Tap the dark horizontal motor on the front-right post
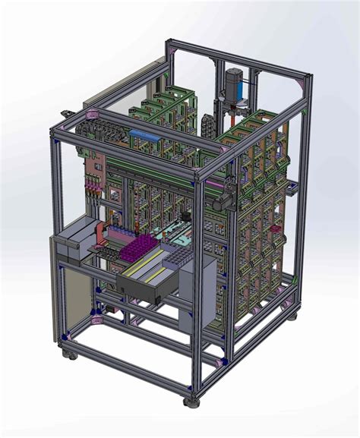223,200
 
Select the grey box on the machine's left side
76,241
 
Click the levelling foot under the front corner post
191,400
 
